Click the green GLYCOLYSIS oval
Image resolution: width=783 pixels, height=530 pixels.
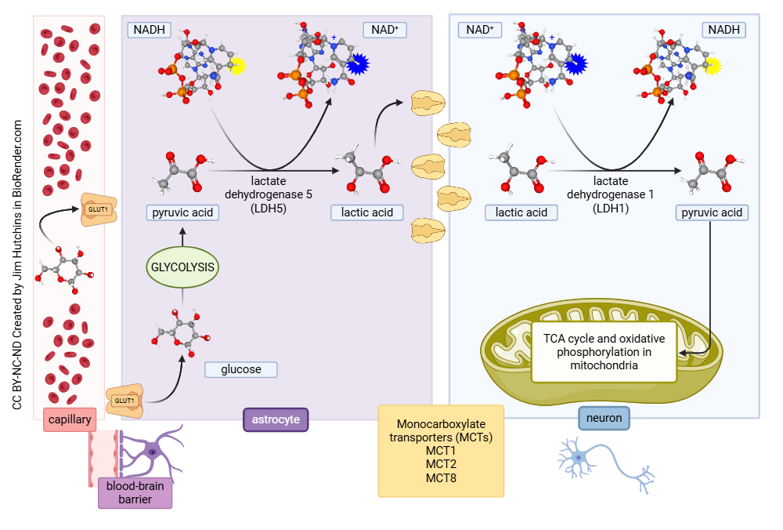[x=182, y=267]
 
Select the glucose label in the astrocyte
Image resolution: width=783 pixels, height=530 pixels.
[x=241, y=368]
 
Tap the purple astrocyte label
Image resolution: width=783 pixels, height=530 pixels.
[x=276, y=419]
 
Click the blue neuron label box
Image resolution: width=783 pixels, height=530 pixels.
[x=604, y=418]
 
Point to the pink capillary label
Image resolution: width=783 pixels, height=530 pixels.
[x=70, y=419]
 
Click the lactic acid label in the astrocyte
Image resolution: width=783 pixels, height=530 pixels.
[x=367, y=212]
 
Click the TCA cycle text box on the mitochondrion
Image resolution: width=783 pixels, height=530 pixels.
[x=604, y=351]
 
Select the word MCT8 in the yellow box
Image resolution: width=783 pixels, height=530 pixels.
[x=441, y=477]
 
